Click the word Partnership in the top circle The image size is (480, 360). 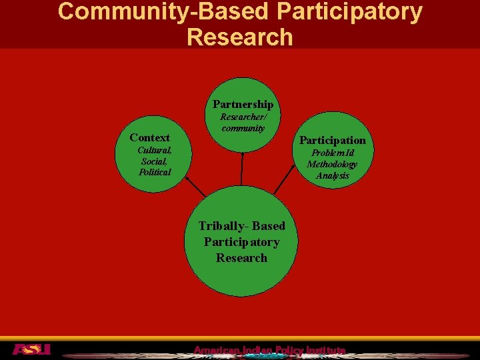point(243,104)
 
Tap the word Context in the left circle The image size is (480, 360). point(149,137)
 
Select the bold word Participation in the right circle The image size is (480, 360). point(332,140)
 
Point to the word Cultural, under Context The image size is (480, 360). point(155,150)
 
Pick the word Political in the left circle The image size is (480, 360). point(155,172)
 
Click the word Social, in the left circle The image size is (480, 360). point(154,161)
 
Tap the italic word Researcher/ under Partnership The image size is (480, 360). point(243,117)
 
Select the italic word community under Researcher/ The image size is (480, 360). point(243,127)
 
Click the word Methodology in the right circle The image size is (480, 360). point(332,164)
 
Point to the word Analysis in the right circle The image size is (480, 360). point(332,175)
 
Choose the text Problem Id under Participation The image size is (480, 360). point(332,153)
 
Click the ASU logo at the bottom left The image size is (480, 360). point(31,349)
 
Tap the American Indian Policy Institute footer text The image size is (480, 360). point(269,351)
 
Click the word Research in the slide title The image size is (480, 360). point(240,37)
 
